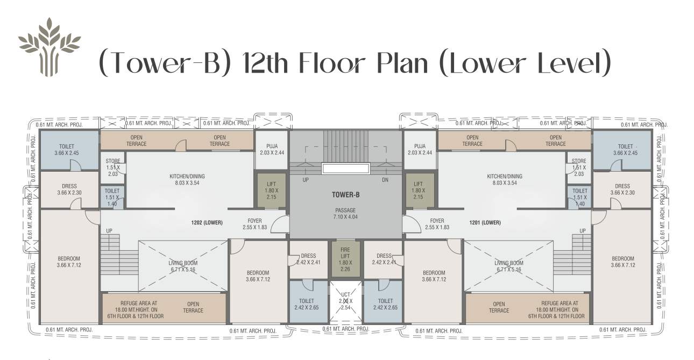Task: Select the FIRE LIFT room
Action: click(x=345, y=259)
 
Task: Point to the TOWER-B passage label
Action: click(x=345, y=195)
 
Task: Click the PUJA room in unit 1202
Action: click(x=272, y=149)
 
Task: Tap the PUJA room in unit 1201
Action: click(x=420, y=149)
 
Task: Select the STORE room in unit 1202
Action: click(x=112, y=167)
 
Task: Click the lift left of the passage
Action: click(x=271, y=190)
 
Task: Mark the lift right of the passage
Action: click(x=420, y=190)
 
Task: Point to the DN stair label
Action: click(x=385, y=180)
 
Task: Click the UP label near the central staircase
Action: click(x=306, y=180)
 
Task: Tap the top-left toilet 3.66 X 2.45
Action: click(x=67, y=150)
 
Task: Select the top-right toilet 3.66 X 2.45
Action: click(x=625, y=150)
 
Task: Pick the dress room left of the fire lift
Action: click(x=308, y=259)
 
